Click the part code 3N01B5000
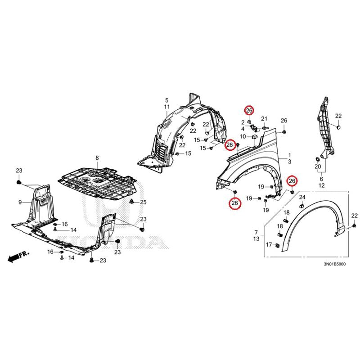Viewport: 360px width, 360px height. pyautogui.click(x=333, y=264)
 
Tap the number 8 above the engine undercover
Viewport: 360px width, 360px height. pyautogui.click(x=96, y=157)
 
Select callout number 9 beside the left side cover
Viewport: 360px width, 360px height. pyautogui.click(x=20, y=202)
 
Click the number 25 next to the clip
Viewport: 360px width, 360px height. pyautogui.click(x=143, y=202)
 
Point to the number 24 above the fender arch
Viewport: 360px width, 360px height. pyautogui.click(x=302, y=198)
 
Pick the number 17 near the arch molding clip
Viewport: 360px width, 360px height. pyautogui.click(x=268, y=245)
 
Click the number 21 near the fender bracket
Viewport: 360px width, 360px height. pyautogui.click(x=264, y=119)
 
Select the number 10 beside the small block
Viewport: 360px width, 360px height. pyautogui.click(x=243, y=136)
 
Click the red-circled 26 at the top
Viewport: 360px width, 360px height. pyautogui.click(x=249, y=110)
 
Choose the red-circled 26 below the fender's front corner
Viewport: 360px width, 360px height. pyautogui.click(x=234, y=203)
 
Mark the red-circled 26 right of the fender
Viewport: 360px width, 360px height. pyautogui.click(x=292, y=181)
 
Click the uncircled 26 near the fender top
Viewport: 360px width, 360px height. pyautogui.click(x=283, y=120)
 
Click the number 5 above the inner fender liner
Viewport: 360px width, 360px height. pyautogui.click(x=166, y=100)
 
